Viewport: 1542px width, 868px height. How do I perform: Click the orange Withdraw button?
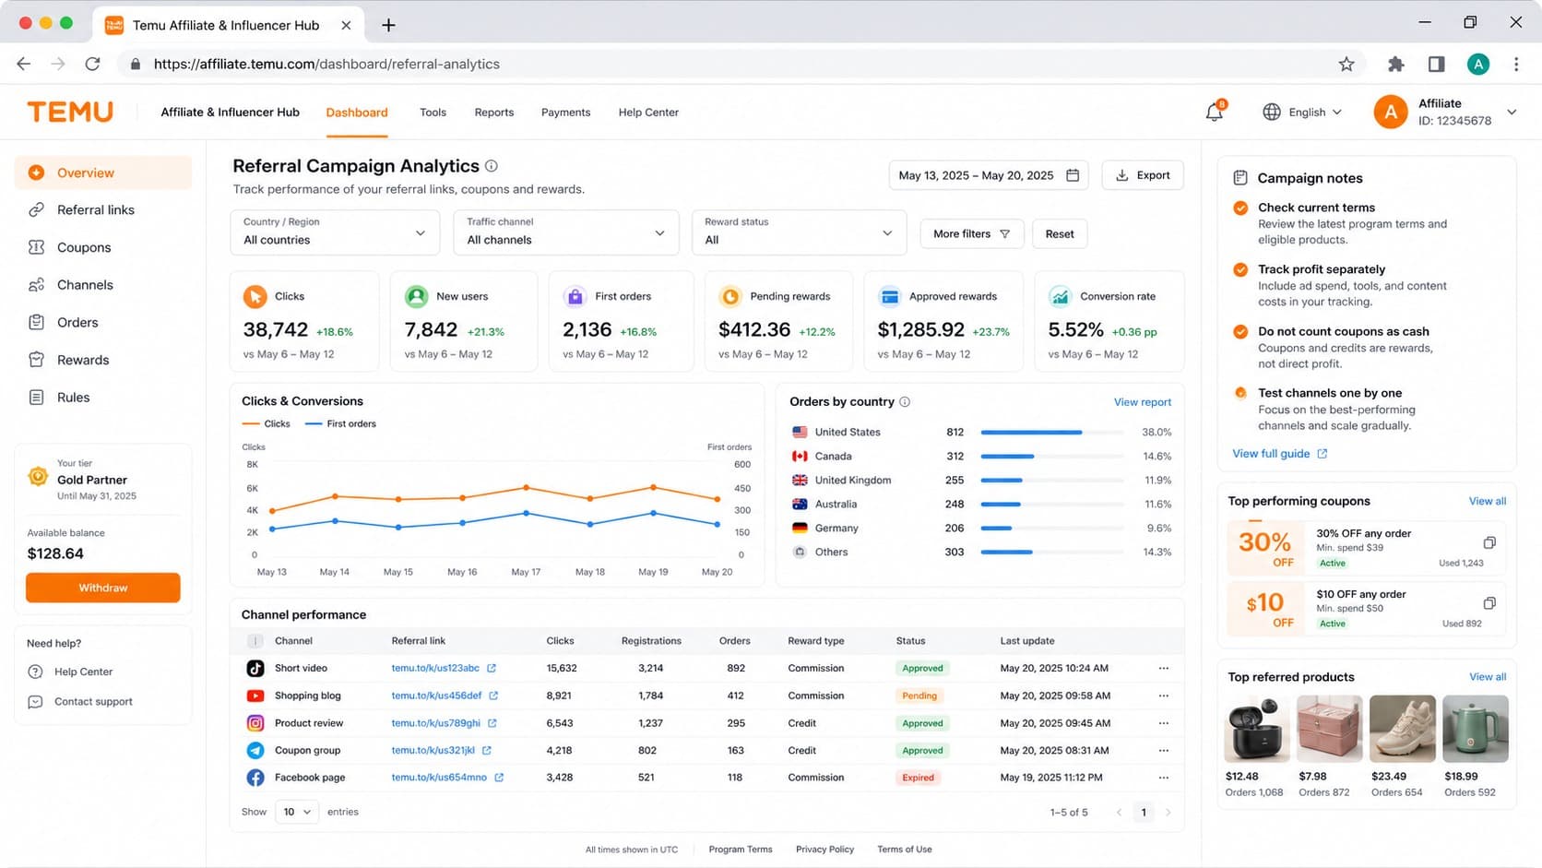pyautogui.click(x=102, y=588)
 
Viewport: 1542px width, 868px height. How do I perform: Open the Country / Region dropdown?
pyautogui.click(x=335, y=232)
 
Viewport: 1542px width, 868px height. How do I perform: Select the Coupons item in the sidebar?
pyautogui.click(x=83, y=247)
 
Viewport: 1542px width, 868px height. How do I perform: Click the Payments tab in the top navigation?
pyautogui.click(x=565, y=113)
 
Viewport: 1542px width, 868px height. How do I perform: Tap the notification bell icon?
pyautogui.click(x=1215, y=113)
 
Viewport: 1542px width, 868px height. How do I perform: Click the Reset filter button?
pyautogui.click(x=1059, y=233)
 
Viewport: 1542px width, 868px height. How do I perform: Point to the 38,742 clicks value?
pyautogui.click(x=276, y=329)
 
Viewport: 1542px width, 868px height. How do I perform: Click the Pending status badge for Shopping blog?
pyautogui.click(x=919, y=696)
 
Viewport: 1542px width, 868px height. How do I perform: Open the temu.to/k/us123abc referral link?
pyautogui.click(x=435, y=668)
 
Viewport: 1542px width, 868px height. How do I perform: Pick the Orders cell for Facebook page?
pyautogui.click(x=734, y=777)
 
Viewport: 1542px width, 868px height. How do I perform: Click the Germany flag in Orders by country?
pyautogui.click(x=800, y=528)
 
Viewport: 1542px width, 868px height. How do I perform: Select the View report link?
pyautogui.click(x=1142, y=402)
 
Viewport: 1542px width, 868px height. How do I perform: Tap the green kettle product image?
pyautogui.click(x=1476, y=729)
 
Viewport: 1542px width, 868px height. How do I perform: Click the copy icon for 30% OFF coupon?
pyautogui.click(x=1489, y=542)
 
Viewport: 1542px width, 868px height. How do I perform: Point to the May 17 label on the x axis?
pyautogui.click(x=526, y=571)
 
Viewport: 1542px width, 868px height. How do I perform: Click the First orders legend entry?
pyautogui.click(x=340, y=423)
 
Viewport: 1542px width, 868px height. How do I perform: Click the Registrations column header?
pyautogui.click(x=650, y=640)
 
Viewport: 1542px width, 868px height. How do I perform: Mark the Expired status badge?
pyautogui.click(x=918, y=777)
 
